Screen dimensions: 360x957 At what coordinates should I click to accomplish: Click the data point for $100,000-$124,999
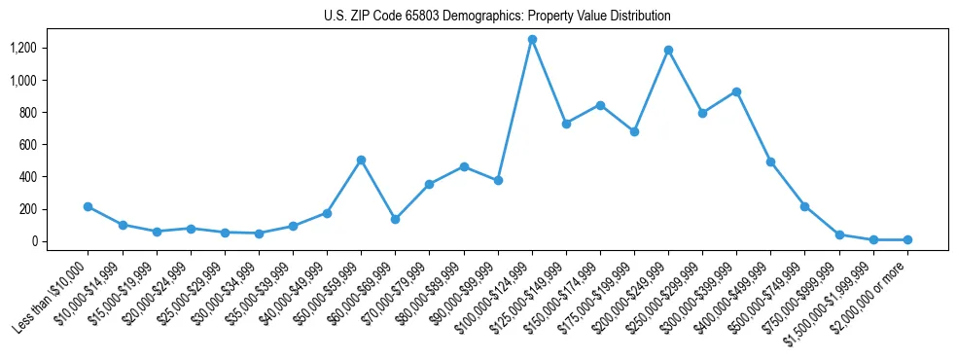tap(532, 40)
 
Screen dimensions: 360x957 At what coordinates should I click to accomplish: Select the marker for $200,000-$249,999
tap(668, 50)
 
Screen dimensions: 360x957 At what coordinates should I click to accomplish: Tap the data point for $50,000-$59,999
tap(361, 160)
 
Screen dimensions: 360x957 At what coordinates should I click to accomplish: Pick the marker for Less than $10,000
tap(88, 206)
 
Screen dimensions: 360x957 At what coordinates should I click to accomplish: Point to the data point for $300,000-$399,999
tap(736, 91)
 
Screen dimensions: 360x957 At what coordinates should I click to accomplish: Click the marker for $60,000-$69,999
tap(395, 219)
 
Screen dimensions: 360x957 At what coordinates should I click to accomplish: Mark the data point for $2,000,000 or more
tap(907, 239)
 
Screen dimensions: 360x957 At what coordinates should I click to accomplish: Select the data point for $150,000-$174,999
tap(600, 105)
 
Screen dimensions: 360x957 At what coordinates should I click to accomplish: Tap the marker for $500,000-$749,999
tap(804, 206)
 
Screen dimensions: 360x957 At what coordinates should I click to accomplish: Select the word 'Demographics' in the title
tap(484, 17)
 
